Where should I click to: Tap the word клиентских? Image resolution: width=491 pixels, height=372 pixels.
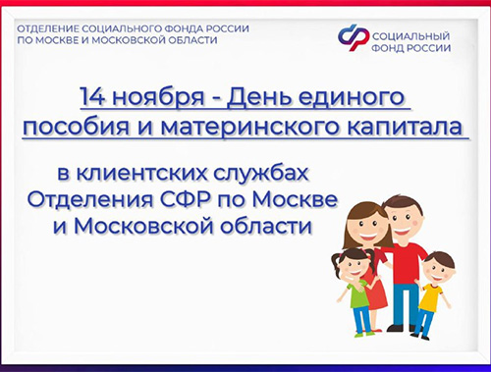(x=161, y=175)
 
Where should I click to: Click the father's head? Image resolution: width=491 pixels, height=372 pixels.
(x=402, y=215)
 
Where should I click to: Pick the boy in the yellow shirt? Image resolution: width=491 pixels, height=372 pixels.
(x=431, y=294)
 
